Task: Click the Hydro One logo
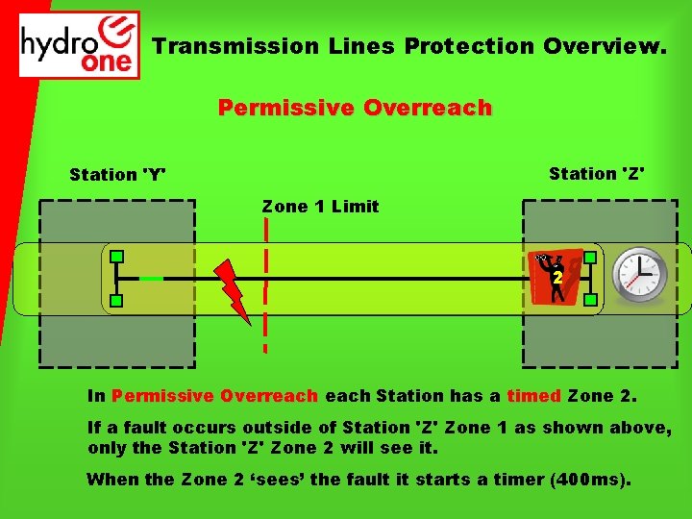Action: tap(80, 45)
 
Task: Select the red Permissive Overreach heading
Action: tap(355, 108)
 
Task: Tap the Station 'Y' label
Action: tap(117, 175)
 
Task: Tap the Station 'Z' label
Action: tap(596, 174)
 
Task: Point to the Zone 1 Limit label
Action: tap(320, 207)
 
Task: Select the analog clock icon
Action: tap(640, 275)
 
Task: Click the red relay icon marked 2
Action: tap(556, 276)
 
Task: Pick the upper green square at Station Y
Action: tap(116, 257)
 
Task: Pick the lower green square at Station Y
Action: tap(116, 302)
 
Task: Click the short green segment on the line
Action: tap(151, 279)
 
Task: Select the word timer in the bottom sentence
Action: tap(514, 480)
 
